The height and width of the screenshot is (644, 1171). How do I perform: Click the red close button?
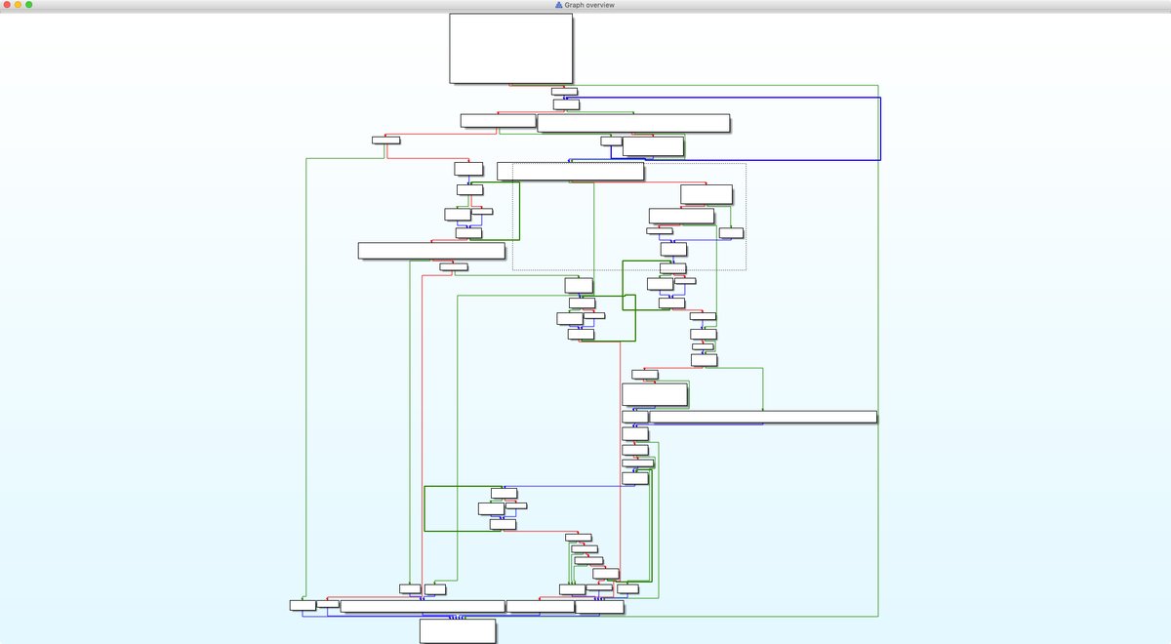coord(6,5)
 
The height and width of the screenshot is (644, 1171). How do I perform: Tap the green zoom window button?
coord(29,5)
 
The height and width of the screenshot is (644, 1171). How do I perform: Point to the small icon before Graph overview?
coord(558,5)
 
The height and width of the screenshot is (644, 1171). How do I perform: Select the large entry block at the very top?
coord(510,48)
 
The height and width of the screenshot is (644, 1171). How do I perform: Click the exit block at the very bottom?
coord(458,630)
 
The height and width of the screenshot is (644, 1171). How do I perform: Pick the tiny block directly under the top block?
coord(564,92)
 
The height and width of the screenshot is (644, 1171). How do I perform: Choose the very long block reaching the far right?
coord(762,417)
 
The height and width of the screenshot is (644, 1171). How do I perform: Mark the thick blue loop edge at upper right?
coord(880,127)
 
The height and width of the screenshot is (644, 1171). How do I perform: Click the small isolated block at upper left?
coord(386,140)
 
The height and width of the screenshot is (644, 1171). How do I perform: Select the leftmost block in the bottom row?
coord(303,605)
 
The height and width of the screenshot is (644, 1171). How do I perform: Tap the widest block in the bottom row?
coord(422,606)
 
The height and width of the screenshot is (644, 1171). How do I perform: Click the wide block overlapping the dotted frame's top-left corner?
coord(570,172)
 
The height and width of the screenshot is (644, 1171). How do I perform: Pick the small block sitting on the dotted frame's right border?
coord(731,232)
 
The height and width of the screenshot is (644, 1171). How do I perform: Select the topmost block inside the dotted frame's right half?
coord(707,194)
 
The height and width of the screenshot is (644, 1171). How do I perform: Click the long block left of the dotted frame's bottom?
coord(431,251)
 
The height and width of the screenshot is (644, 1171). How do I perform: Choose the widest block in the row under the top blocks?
coord(633,123)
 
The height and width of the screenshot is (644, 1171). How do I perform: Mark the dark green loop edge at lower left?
coord(424,508)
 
